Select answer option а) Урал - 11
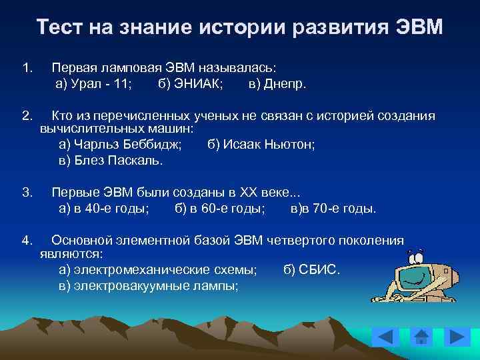coord(93,84)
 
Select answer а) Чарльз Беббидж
coord(125,143)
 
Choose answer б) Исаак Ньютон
coord(261,143)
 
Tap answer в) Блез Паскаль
coord(111,160)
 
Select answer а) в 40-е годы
coord(104,209)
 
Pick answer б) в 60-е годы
coord(220,209)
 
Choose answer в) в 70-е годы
coord(333,209)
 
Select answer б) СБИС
coord(311,269)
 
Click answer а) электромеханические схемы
coord(158,269)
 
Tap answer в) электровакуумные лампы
coord(149,285)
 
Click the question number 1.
coord(27,68)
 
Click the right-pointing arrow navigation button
coord(457,337)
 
